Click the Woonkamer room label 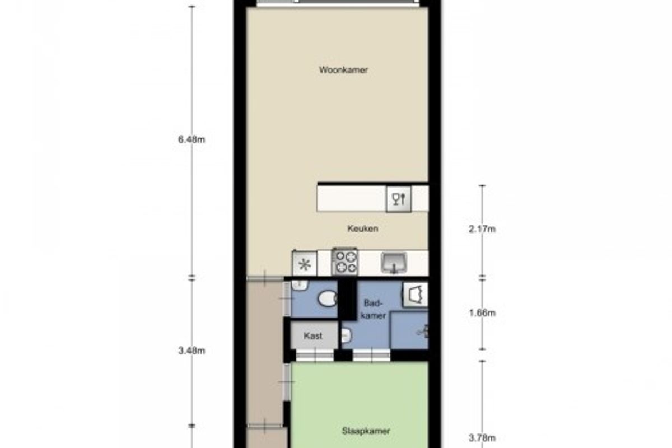(343, 70)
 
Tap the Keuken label (363, 228)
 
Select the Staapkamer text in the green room (366, 431)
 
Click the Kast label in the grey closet (313, 336)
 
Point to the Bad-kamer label (373, 309)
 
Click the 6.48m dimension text (192, 139)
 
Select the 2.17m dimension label (482, 229)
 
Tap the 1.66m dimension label (482, 313)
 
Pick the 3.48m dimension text (192, 351)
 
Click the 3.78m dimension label (482, 438)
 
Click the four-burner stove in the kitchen (345, 262)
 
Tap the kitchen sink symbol (394, 263)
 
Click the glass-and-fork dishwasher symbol (398, 199)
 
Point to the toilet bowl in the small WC (327, 298)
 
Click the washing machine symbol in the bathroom (415, 295)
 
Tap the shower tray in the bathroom (409, 330)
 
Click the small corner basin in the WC (299, 286)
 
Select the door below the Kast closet (315, 356)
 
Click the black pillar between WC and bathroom (347, 300)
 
